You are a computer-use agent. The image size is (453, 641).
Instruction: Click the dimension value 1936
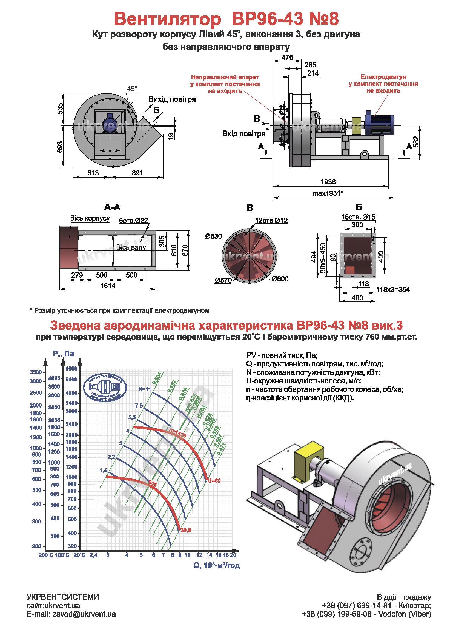tap(328, 182)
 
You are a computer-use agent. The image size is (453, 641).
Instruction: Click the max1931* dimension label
tap(328, 193)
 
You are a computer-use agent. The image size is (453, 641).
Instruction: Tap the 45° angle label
tap(132, 89)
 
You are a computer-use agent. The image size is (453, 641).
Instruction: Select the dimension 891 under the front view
tap(137, 173)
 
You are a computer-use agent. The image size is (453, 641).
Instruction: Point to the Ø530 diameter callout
tap(213, 237)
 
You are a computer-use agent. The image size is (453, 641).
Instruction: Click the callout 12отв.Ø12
tap(271, 220)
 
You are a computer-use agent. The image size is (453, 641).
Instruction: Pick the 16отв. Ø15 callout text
tap(358, 217)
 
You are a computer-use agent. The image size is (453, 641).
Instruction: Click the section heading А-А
tap(112, 207)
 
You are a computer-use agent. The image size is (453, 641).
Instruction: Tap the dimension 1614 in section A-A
tap(108, 286)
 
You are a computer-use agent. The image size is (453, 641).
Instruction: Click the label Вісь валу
tap(131, 247)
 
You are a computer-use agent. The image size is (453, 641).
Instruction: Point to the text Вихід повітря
tap(172, 99)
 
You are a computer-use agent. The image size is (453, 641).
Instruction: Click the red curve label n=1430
tap(177, 433)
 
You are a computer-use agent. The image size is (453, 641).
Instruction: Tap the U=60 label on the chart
tap(214, 481)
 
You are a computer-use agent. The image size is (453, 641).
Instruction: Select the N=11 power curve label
tap(145, 389)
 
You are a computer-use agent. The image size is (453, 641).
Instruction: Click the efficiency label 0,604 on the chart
tap(157, 378)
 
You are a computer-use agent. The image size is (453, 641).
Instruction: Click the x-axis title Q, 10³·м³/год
tap(216, 565)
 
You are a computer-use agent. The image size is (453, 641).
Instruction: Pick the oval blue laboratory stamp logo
tap(105, 388)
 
